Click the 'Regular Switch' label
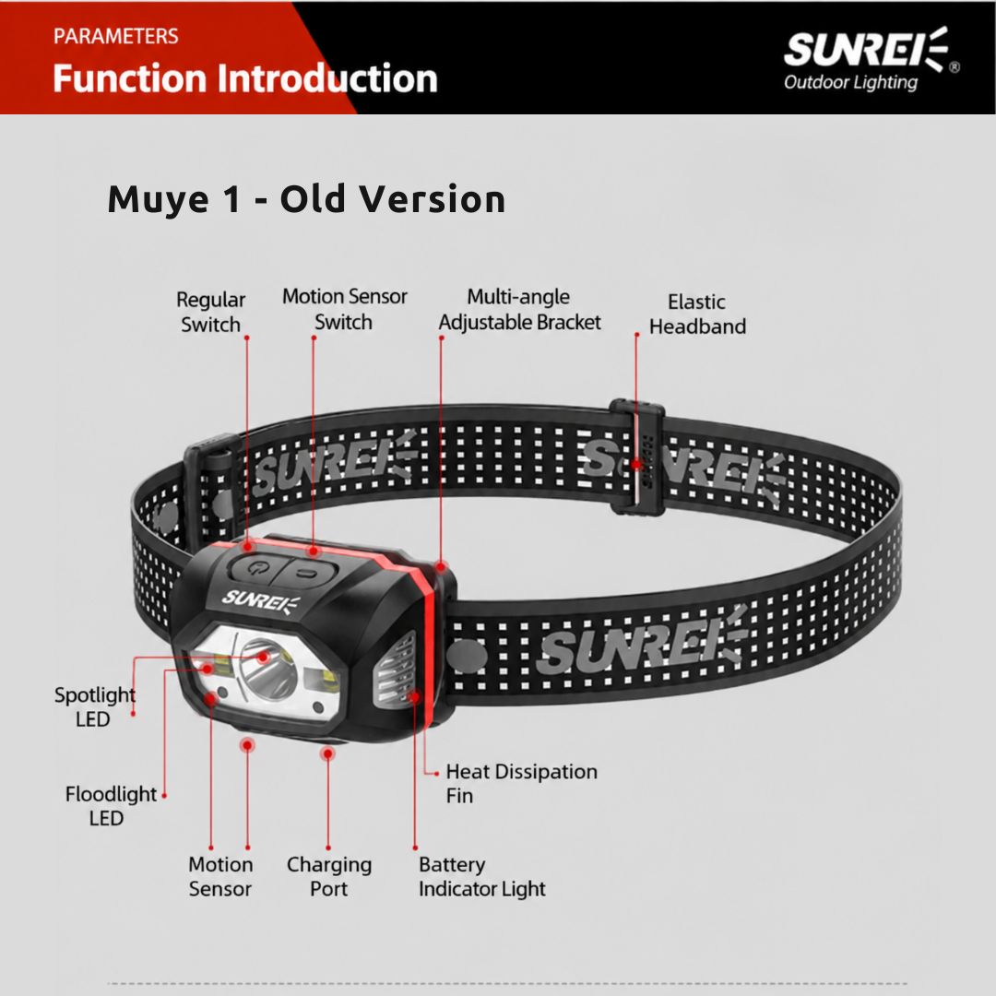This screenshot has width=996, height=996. click(210, 312)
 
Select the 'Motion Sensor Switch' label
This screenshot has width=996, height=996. click(344, 309)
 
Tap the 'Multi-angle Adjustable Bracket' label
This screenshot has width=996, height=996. click(519, 309)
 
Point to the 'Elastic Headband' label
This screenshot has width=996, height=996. click(697, 314)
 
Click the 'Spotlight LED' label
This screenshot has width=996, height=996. click(95, 707)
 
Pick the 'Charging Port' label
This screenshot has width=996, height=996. click(329, 877)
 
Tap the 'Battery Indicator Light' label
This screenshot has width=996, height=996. click(481, 877)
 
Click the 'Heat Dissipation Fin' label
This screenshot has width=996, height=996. click(521, 783)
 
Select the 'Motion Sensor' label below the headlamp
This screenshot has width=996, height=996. click(220, 877)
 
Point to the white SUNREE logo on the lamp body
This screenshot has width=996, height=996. click(260, 600)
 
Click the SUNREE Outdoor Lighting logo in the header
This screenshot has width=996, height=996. click(871, 59)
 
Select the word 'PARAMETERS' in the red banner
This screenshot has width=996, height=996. click(115, 36)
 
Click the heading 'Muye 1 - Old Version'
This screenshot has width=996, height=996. click(306, 199)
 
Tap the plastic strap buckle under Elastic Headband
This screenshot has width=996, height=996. click(637, 456)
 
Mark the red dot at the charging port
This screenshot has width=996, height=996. click(327, 754)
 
